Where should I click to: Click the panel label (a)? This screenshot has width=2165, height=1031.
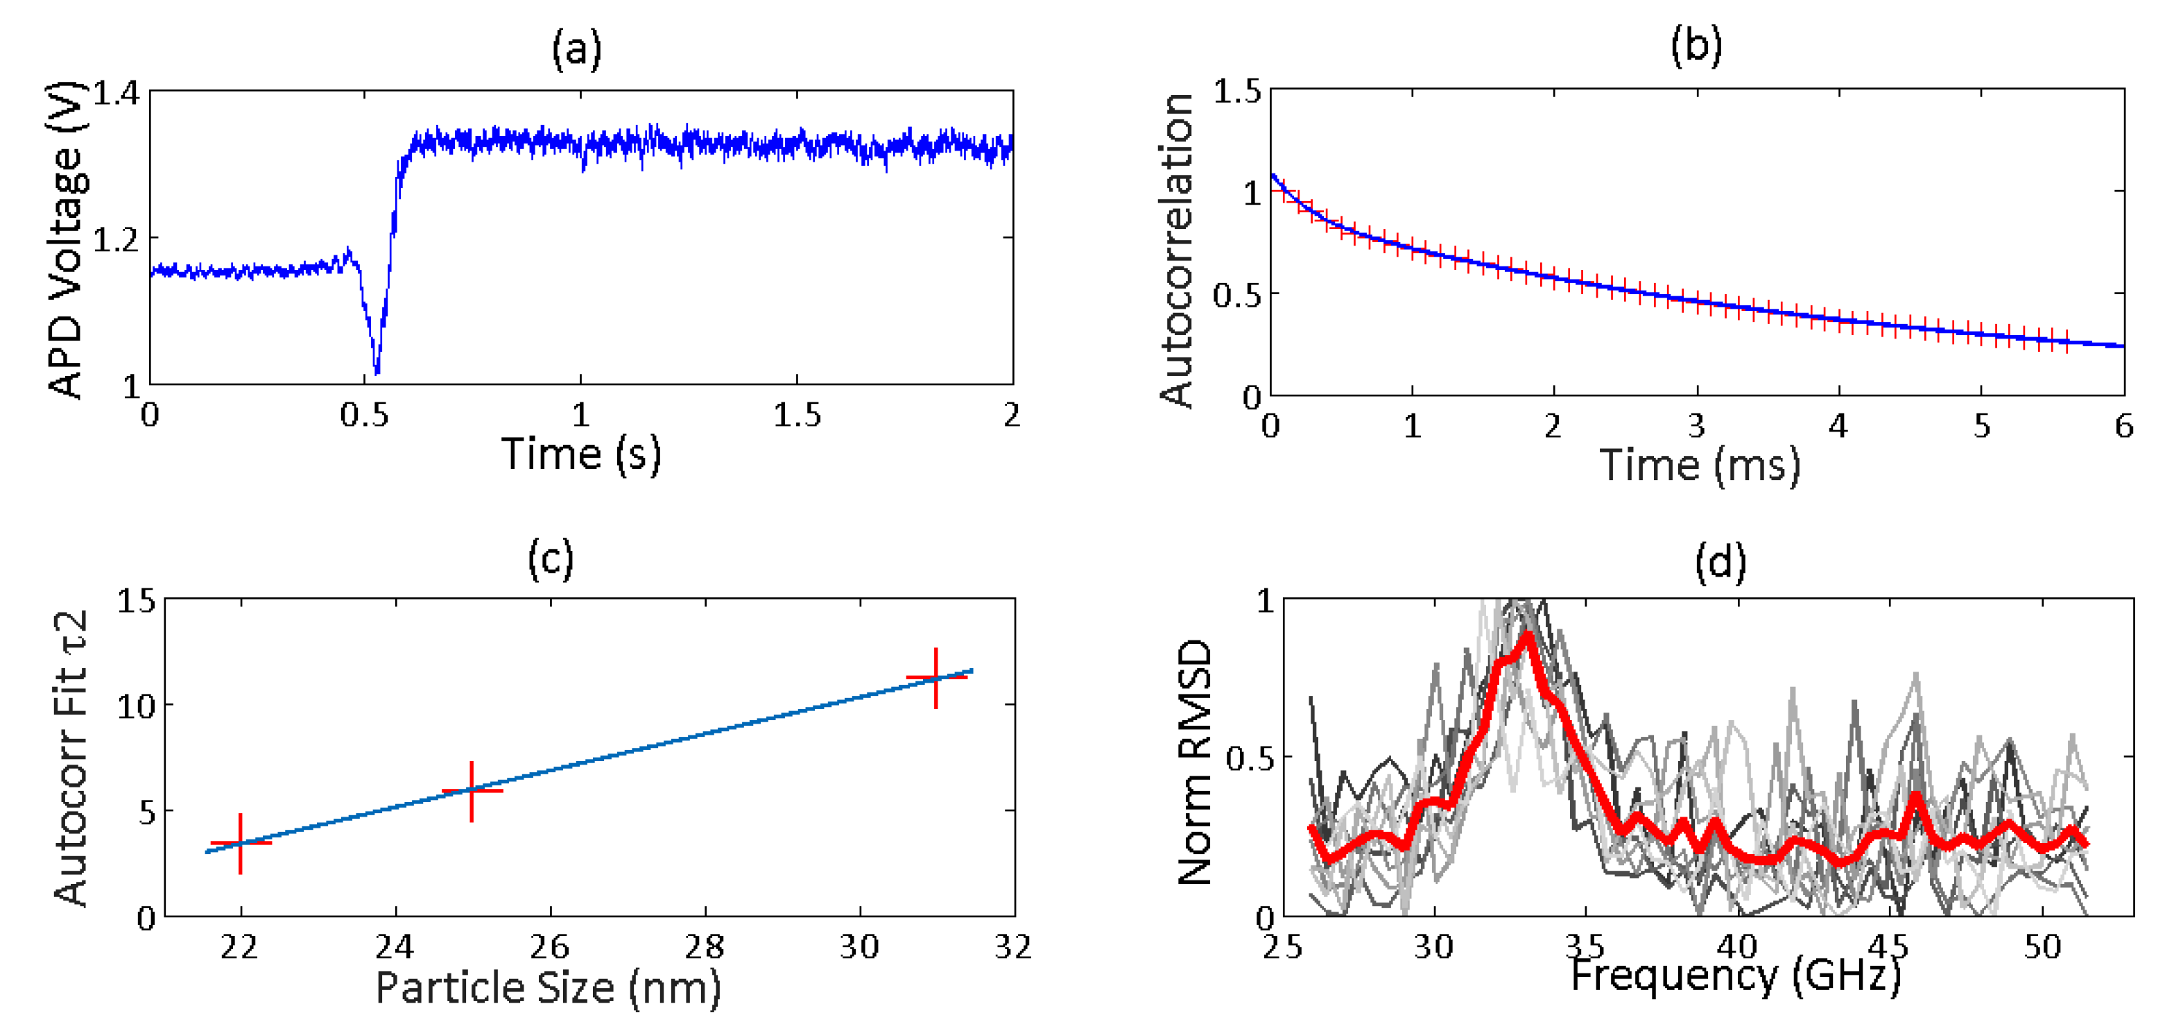click(x=576, y=49)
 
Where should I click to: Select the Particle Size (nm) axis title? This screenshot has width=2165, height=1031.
click(x=548, y=987)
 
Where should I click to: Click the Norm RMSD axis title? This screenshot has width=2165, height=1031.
click(x=1195, y=761)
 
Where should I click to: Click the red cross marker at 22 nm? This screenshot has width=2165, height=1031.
click(x=241, y=842)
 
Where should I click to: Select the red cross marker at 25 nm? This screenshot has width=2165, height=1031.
click(x=472, y=790)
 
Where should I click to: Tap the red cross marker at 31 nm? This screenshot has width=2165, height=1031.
click(x=936, y=677)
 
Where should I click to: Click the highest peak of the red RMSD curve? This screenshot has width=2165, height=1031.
click(x=1527, y=635)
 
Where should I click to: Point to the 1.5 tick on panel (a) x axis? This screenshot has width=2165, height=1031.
click(x=797, y=416)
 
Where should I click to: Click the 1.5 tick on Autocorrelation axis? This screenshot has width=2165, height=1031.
click(x=1236, y=92)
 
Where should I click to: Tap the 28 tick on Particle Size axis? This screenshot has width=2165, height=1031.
click(x=705, y=948)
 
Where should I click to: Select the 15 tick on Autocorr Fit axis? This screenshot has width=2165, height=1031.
click(x=136, y=602)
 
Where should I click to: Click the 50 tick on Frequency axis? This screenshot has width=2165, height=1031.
click(x=2042, y=948)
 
